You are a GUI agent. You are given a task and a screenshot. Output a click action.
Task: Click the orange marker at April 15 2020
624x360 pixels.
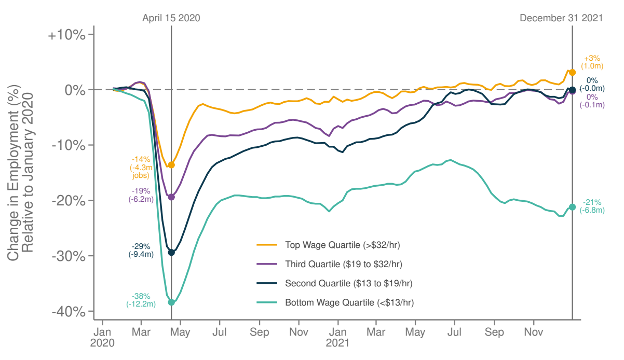coord(171,165)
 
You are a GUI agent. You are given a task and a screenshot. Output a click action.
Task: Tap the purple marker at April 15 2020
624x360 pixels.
coord(171,197)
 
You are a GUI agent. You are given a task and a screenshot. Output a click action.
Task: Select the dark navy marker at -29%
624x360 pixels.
coord(171,253)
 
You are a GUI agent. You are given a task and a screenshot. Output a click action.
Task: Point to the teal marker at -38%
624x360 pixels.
coord(171,302)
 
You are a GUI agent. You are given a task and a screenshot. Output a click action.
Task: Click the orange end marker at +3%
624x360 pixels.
coord(572,73)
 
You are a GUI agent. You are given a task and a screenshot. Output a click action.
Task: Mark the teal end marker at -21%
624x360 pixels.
coord(572,207)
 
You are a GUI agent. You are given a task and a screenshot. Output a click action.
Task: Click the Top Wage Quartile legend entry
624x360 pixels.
coord(343,244)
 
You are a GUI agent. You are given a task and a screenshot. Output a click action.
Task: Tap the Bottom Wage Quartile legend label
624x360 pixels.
coord(349,302)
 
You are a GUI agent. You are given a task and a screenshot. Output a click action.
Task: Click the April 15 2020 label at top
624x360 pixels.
coord(171,18)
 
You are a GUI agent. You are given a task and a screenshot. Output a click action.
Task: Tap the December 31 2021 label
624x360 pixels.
coord(561,18)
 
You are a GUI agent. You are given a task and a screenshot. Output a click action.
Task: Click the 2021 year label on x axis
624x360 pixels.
coord(337,343)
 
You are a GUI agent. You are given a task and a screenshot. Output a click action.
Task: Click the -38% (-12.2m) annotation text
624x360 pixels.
coord(141,300)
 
